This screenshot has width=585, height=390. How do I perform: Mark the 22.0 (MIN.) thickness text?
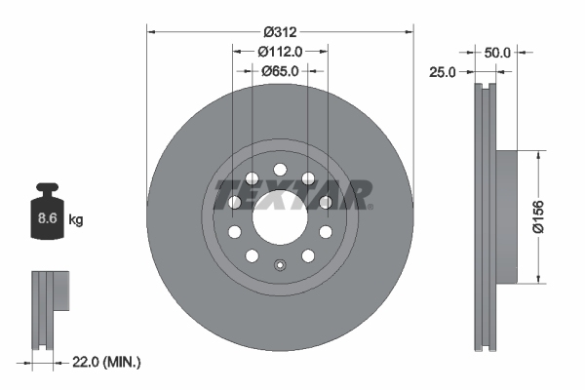pyautogui.click(x=106, y=363)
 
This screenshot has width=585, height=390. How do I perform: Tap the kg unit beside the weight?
pyautogui.click(x=76, y=220)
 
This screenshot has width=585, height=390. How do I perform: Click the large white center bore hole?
pyautogui.click(x=279, y=216)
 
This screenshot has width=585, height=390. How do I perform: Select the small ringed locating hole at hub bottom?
pyautogui.click(x=279, y=264)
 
